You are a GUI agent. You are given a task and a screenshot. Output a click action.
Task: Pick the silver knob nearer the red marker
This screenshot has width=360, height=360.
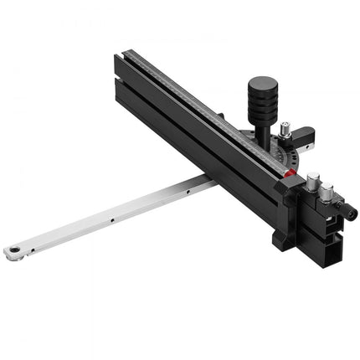313,179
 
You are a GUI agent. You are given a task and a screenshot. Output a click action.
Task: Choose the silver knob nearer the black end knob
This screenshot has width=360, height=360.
327,192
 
